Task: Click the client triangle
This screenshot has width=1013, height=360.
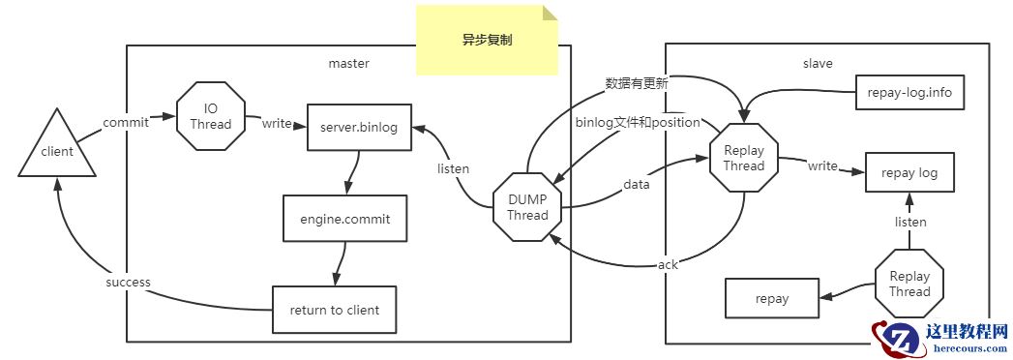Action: pos(57,150)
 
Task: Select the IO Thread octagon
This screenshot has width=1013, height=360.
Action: pos(210,116)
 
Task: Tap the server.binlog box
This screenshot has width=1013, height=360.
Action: pos(358,127)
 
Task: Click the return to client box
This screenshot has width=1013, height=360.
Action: pos(334,311)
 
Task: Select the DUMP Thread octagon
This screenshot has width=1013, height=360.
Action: pos(527,208)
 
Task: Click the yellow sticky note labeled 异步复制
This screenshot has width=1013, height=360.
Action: pos(488,42)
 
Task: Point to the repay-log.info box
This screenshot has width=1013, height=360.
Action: pos(910,94)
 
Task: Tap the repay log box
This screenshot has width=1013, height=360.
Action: pos(909,174)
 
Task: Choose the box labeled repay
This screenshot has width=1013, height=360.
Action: pos(771,299)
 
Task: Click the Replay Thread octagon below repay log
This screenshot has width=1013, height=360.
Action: pos(909,284)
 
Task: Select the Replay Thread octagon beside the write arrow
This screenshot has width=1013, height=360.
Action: pos(743,158)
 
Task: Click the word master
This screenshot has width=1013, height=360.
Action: pos(348,64)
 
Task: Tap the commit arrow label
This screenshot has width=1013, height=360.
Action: pos(126,122)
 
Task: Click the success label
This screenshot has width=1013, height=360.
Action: pos(128,283)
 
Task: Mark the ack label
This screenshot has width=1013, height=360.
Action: pos(668,264)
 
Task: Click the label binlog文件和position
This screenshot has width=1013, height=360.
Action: pos(637,122)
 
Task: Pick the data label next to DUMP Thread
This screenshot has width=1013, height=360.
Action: pos(636,183)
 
